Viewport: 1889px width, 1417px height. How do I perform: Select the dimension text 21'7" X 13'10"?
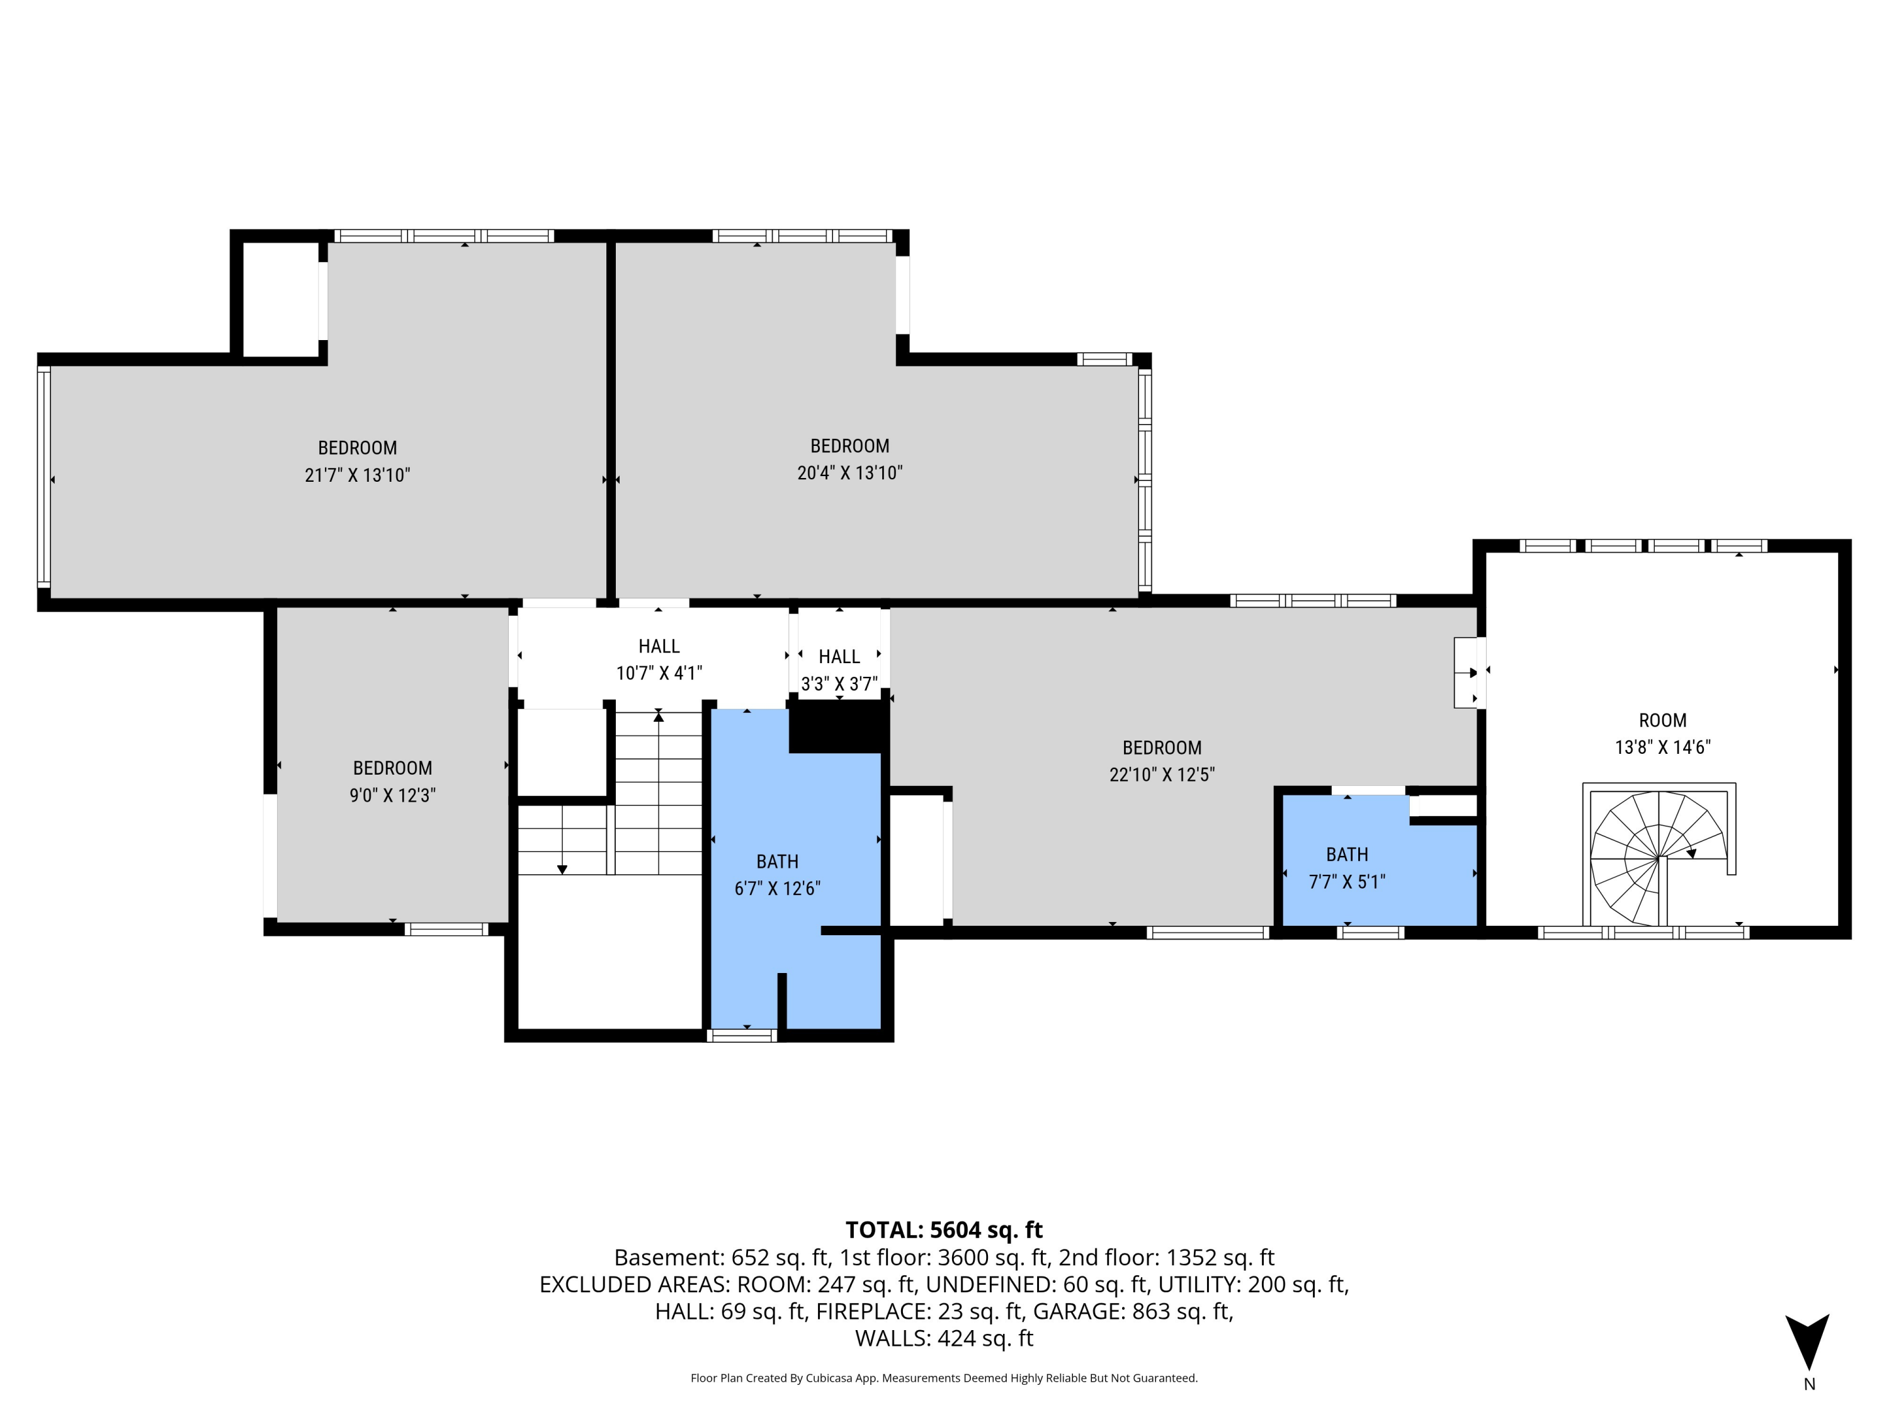(357, 475)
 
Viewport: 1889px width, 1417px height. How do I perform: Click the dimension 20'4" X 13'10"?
(849, 472)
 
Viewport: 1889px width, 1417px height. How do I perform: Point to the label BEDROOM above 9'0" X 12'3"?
(392, 768)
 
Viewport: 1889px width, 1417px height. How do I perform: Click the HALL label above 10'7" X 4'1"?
(659, 647)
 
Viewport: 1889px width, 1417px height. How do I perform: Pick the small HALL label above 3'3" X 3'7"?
(839, 657)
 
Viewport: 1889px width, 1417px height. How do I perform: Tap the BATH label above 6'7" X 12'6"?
(777, 861)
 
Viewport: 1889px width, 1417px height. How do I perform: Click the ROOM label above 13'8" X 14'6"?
(1662, 720)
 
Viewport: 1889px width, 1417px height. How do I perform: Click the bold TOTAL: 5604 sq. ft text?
(944, 1230)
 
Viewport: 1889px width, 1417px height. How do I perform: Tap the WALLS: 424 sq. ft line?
(944, 1338)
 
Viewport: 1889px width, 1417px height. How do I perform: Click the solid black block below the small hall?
(837, 726)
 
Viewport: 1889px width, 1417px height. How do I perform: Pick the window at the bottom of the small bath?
(1369, 933)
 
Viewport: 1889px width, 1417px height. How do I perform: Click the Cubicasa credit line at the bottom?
(944, 1378)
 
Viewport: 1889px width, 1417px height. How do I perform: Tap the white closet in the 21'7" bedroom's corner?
(280, 299)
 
